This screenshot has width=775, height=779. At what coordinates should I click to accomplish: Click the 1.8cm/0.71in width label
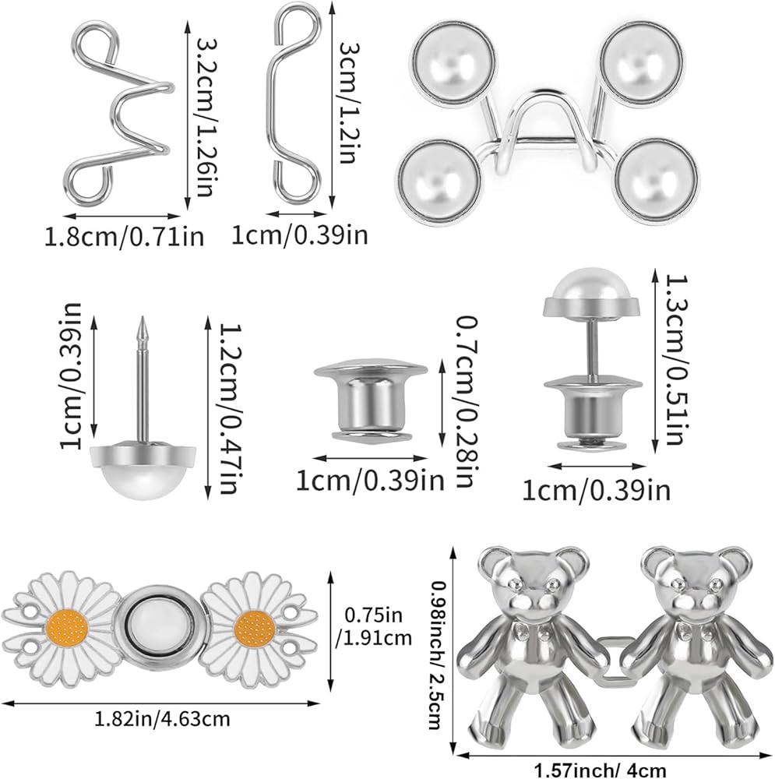(124, 237)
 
